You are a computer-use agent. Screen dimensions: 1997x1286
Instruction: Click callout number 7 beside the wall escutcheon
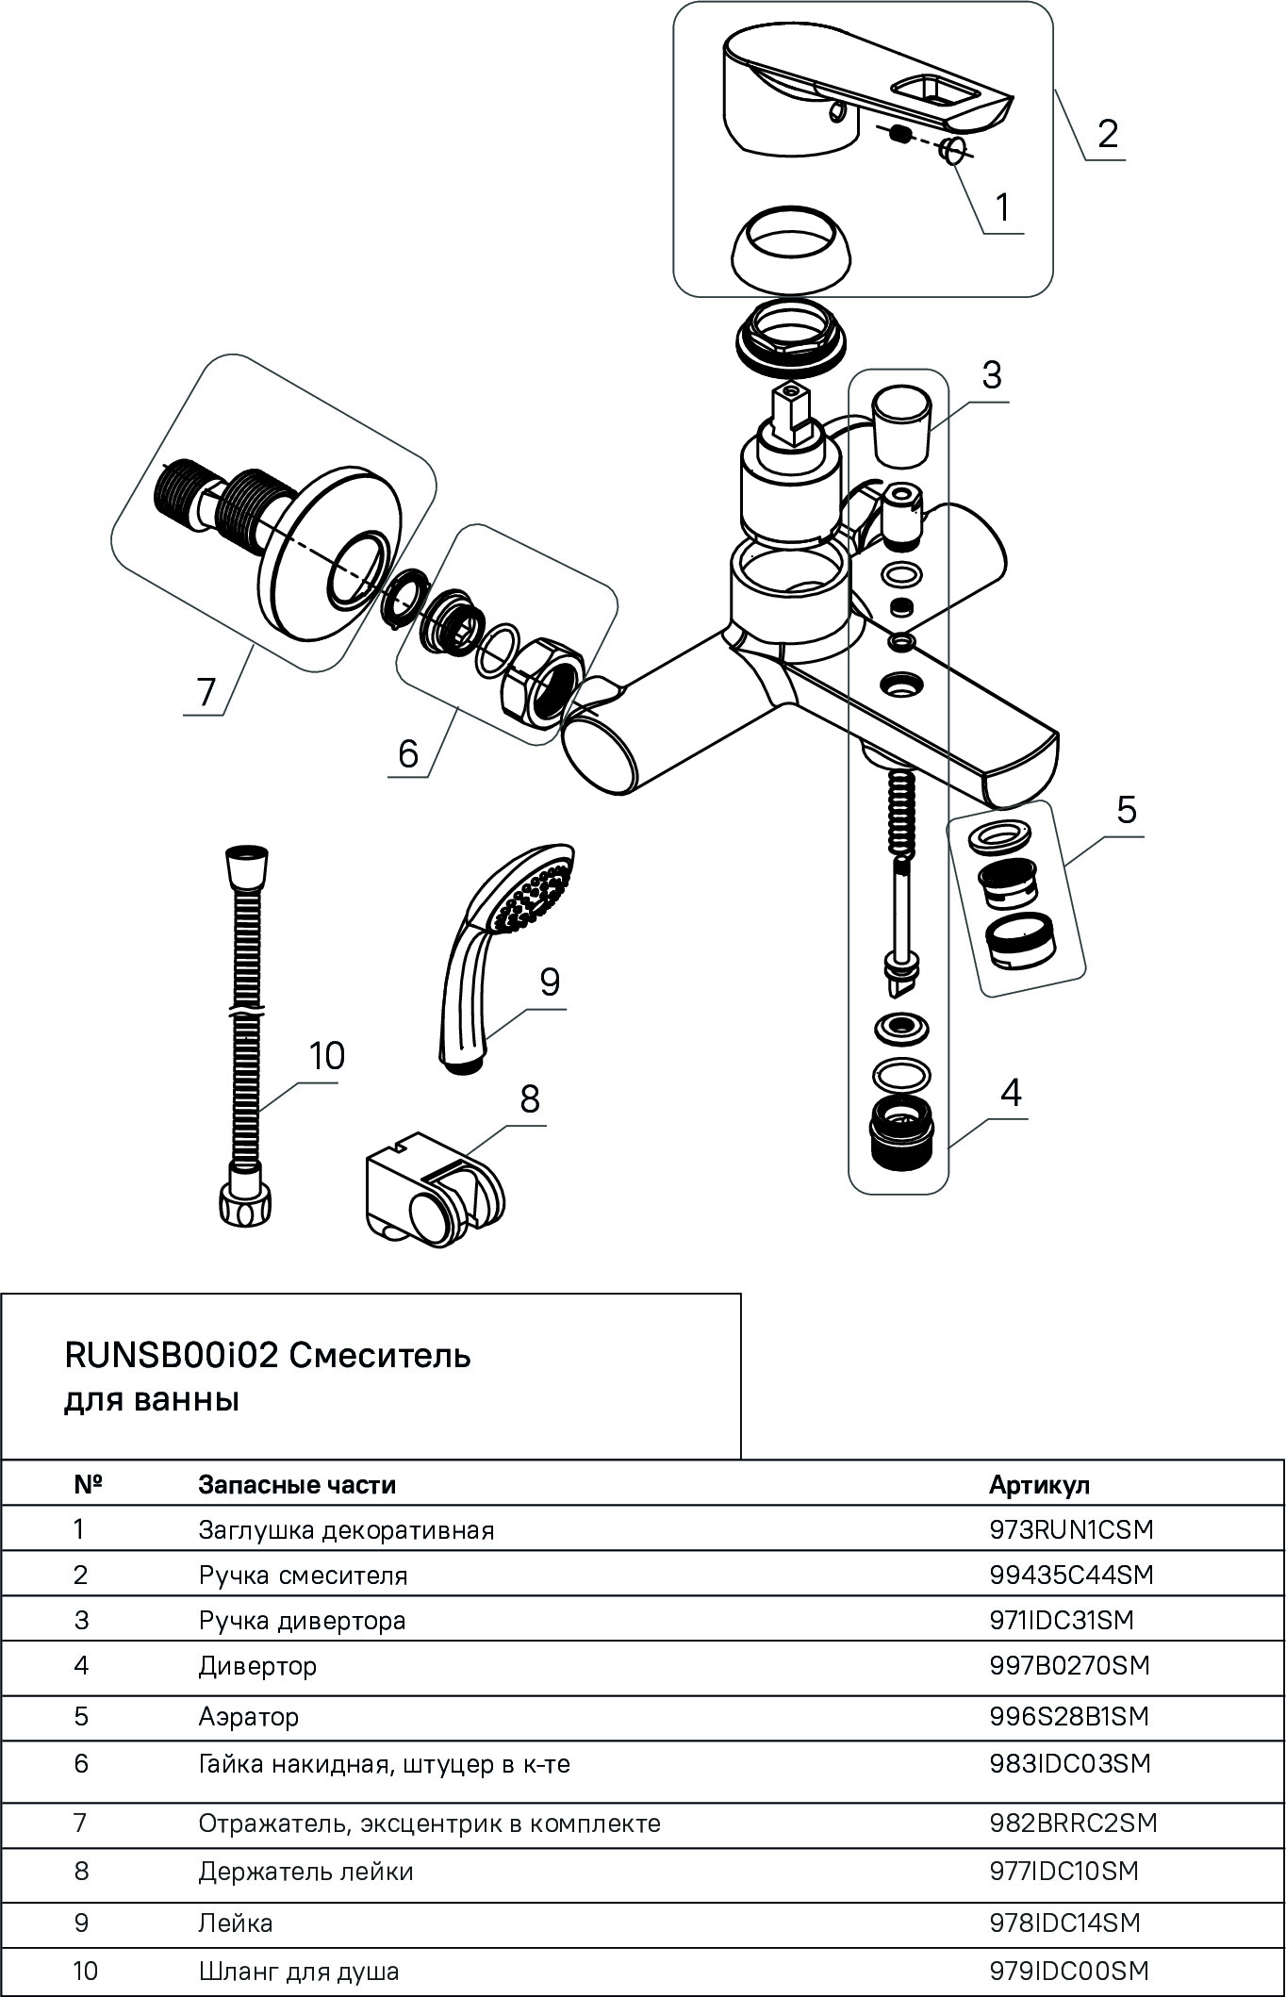pos(206,692)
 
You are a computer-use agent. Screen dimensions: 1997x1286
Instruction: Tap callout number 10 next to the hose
pos(326,1056)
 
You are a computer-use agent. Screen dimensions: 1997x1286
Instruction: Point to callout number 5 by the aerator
pos(1127,810)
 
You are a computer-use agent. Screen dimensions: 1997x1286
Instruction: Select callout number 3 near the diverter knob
pos(991,375)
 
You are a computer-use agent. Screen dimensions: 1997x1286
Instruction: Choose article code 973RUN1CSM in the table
pos(1071,1528)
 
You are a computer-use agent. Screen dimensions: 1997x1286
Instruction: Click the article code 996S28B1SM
pos(1069,1716)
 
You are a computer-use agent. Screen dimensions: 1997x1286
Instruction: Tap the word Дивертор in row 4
pos(257,1666)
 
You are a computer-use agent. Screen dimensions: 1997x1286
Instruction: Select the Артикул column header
pos(1039,1484)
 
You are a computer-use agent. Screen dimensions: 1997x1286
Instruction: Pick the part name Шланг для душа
pos(299,1971)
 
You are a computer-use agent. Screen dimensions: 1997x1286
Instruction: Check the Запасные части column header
pos(297,1484)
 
